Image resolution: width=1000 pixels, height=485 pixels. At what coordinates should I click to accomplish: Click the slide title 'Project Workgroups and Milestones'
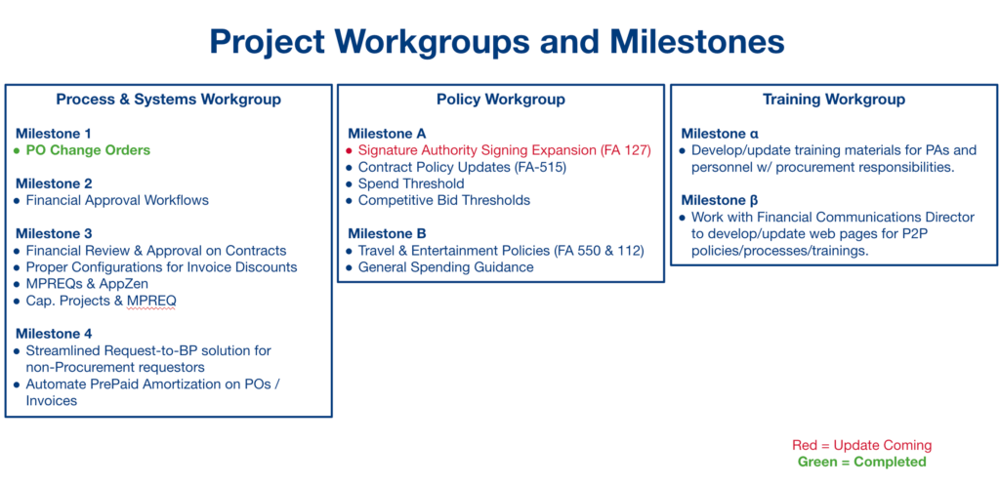coord(497,41)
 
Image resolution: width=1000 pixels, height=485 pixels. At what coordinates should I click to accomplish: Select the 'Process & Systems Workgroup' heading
coord(168,100)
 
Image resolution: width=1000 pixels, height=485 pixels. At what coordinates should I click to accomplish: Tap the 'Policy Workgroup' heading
coord(500,100)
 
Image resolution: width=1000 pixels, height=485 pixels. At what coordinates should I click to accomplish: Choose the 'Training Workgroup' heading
coord(833,100)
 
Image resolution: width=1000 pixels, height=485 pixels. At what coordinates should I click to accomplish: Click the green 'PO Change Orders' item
coord(88,150)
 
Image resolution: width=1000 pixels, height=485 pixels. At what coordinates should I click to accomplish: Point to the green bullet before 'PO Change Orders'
coord(17,151)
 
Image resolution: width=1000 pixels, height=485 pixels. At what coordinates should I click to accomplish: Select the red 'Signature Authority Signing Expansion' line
coord(504,150)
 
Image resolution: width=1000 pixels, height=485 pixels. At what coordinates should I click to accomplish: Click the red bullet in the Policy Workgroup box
coord(349,151)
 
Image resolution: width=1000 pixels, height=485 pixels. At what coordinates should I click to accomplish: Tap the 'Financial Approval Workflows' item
coord(117,200)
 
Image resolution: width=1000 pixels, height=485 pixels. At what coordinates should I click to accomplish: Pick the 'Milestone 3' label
coord(54,233)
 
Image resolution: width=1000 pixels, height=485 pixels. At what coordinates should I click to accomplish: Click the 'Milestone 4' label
coord(54,334)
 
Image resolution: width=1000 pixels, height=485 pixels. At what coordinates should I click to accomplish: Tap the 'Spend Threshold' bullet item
coord(411,183)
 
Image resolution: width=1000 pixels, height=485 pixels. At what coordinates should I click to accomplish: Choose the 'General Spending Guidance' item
coord(445,266)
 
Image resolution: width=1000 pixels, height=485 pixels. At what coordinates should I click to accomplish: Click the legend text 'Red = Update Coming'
coord(861,445)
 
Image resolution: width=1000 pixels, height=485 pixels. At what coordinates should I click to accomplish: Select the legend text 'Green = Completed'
coord(861,462)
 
